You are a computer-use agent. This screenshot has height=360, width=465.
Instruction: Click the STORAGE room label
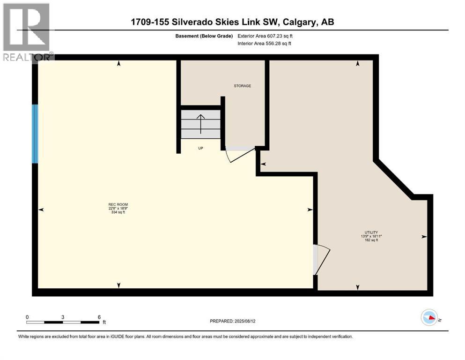(x=243, y=86)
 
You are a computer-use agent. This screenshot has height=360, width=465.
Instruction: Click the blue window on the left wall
(x=35, y=134)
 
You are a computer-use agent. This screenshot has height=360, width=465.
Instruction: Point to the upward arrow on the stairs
(x=200, y=124)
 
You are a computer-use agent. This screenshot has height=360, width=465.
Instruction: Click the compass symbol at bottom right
(x=429, y=318)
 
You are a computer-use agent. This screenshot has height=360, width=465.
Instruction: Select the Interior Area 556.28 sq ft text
(x=265, y=44)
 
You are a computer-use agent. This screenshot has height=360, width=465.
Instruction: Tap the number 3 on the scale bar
(x=63, y=317)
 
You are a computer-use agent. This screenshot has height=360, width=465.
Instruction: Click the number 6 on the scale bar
(x=99, y=317)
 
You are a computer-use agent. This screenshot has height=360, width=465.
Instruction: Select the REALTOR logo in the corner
(x=27, y=31)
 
